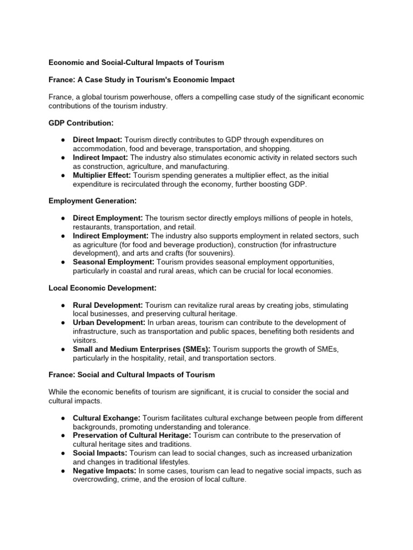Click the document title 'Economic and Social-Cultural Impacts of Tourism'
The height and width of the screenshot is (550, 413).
[136, 62]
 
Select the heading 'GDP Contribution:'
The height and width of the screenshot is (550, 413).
[80, 124]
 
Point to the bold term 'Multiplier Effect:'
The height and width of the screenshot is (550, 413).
[102, 175]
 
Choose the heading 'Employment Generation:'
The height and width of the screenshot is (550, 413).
[92, 200]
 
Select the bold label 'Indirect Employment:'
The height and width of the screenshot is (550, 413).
[111, 235]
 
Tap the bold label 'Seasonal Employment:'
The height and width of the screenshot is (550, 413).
[113, 262]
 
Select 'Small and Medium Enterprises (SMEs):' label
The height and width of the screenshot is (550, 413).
[141, 349]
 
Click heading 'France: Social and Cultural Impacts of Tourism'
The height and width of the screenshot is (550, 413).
[131, 374]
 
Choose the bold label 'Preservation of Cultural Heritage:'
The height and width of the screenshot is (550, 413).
[132, 435]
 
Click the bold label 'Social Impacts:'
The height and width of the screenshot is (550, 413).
[100, 453]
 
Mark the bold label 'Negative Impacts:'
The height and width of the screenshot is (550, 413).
[104, 471]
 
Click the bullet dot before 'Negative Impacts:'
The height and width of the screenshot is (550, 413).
[63, 471]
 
